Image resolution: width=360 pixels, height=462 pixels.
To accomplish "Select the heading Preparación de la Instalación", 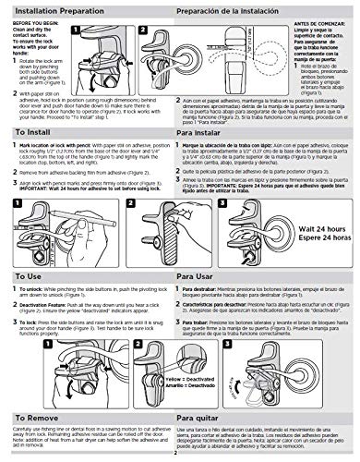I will (x=234, y=8).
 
